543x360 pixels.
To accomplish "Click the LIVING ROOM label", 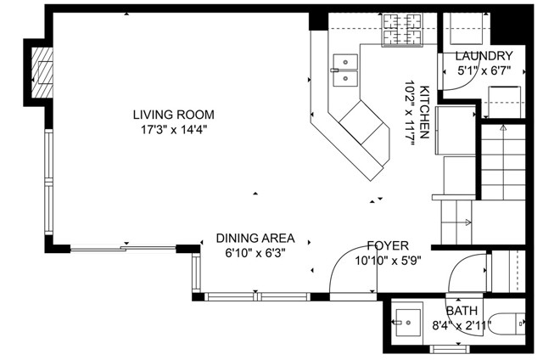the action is coord(173,115).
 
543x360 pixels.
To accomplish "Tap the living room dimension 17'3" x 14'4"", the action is coord(173,130).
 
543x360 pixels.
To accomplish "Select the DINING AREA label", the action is coord(255,238).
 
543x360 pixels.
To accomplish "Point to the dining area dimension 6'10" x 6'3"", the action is coord(255,253).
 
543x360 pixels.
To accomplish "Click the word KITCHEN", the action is coord(424,112).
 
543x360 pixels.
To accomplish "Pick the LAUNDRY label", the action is coord(484,55).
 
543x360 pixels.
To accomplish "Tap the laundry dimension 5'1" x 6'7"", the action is coord(484,71).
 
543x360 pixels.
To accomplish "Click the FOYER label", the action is coord(388,245).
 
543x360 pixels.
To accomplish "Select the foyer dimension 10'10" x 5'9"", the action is coord(388,261).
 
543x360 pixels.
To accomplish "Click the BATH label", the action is coord(462,311).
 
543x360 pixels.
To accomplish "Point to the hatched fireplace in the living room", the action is coord(42,73).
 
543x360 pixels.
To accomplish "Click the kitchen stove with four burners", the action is coord(401,30).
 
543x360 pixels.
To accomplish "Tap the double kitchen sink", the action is coord(345,70).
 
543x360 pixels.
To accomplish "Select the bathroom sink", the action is coord(408,323).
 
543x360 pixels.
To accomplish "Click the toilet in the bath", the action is coord(507,323).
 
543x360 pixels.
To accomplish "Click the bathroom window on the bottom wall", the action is coord(450,349).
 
